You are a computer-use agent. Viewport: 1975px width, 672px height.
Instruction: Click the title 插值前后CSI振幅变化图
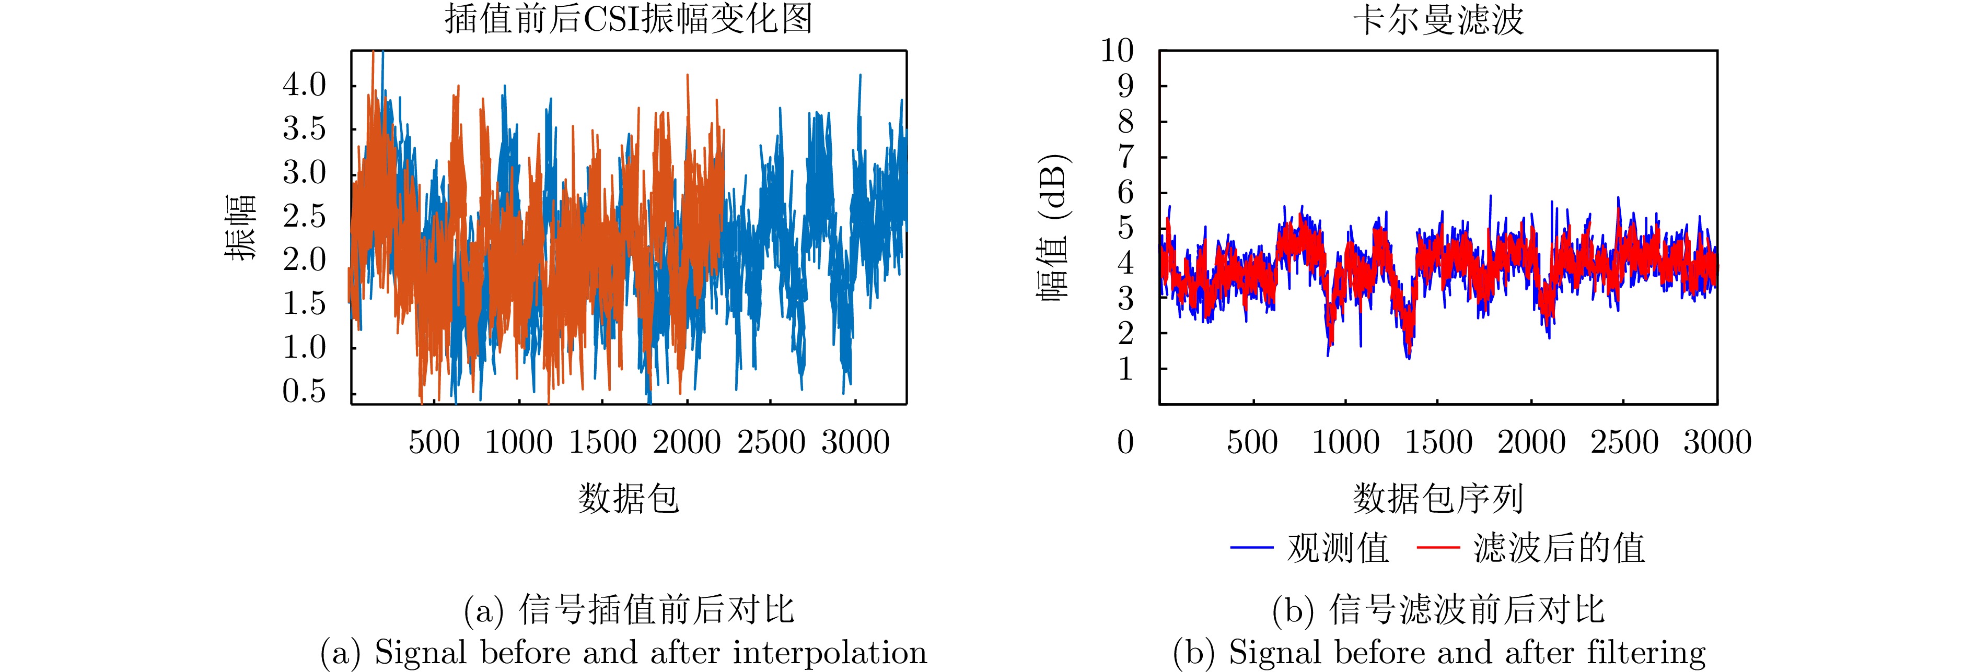point(628,18)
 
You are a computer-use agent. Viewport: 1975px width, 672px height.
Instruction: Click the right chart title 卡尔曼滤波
point(1437,18)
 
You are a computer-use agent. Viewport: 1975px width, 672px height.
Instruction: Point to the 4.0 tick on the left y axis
point(305,85)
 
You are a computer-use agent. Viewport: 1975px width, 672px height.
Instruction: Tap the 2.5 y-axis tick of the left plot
point(305,217)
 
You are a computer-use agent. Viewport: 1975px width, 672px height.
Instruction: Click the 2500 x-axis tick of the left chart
point(771,442)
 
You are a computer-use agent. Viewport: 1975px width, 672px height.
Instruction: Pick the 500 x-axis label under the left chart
point(434,442)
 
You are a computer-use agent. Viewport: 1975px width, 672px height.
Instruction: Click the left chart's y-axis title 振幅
point(240,228)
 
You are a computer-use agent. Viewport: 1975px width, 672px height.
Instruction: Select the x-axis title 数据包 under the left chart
point(628,498)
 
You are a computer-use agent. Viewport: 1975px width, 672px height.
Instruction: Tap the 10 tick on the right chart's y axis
point(1117,51)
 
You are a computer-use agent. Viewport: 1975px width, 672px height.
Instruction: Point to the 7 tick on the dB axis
point(1125,157)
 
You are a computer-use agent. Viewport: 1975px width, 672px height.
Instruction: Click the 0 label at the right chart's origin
point(1125,442)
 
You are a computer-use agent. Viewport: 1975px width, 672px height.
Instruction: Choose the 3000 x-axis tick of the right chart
point(1717,442)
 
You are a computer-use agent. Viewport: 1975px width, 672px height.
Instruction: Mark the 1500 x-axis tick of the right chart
point(1438,442)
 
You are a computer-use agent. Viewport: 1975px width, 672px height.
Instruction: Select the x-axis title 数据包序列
point(1437,498)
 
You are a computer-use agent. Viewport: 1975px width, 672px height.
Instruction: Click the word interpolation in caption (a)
point(830,653)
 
